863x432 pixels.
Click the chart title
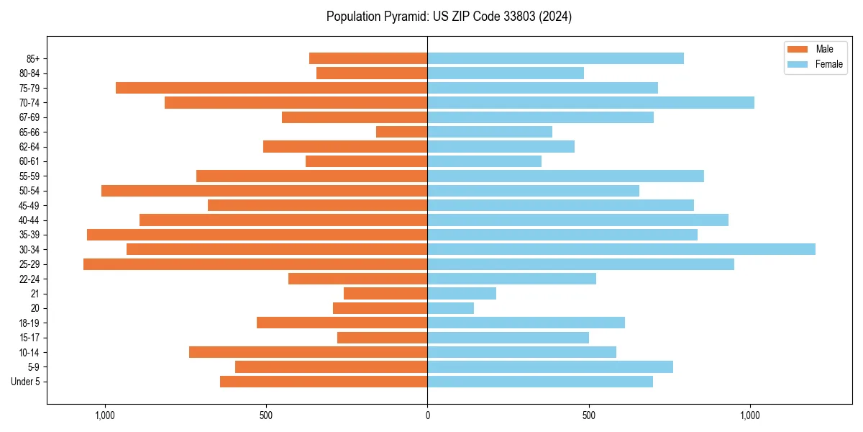[449, 17]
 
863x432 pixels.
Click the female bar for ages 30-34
[621, 249]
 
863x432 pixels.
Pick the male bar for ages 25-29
[255, 264]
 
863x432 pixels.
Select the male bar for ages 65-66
[401, 132]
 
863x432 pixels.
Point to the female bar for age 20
[451, 308]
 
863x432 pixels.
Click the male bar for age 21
[385, 294]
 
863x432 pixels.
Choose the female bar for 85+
[555, 58]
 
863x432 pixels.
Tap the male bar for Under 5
[324, 382]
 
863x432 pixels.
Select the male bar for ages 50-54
[264, 191]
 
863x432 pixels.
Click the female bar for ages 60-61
[485, 161]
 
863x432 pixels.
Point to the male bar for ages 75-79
[271, 88]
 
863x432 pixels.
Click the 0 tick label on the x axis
[427, 415]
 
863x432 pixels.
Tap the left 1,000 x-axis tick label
[105, 415]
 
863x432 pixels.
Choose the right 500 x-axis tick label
[589, 415]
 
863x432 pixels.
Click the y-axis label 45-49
[29, 205]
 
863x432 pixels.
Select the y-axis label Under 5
[26, 382]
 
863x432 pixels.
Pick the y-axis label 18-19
[29, 323]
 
